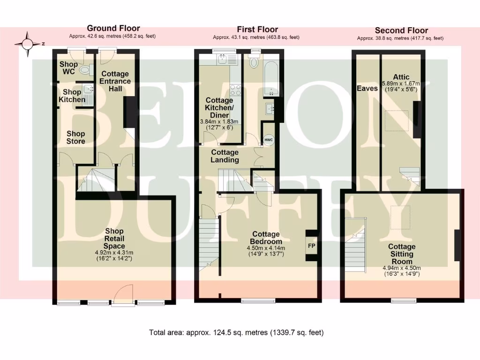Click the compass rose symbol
pyautogui.click(x=27, y=44)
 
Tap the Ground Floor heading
pyautogui.click(x=113, y=29)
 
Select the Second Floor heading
pyautogui.click(x=402, y=30)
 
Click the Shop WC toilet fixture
pyautogui.click(x=84, y=70)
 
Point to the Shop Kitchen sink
pyautogui.click(x=87, y=90)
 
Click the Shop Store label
pyautogui.click(x=76, y=138)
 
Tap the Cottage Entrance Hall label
pyautogui.click(x=115, y=81)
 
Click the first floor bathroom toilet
pyautogui.click(x=255, y=62)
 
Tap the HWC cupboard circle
pyautogui.click(x=268, y=140)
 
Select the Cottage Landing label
pyautogui.click(x=225, y=156)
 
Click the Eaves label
pyautogui.click(x=367, y=88)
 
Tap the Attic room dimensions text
pyautogui.click(x=401, y=87)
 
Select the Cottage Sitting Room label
pyautogui.click(x=402, y=254)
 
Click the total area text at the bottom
pyautogui.click(x=236, y=333)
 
